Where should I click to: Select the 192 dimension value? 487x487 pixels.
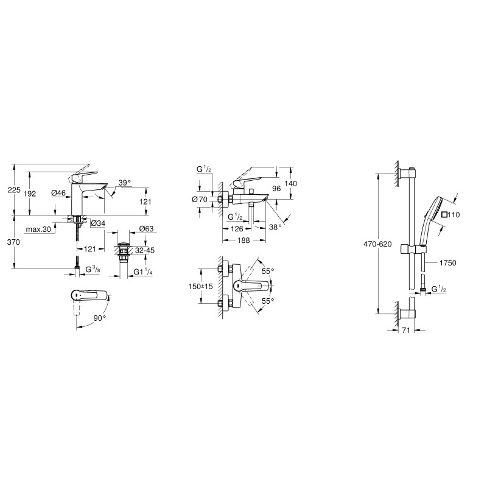[x=30, y=193]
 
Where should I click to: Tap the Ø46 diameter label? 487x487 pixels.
[x=59, y=193]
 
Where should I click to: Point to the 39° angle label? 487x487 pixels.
[x=124, y=183]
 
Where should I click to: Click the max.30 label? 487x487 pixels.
[x=37, y=229]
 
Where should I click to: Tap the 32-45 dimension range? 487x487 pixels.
[x=145, y=250]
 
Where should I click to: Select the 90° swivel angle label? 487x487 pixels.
[x=99, y=317]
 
